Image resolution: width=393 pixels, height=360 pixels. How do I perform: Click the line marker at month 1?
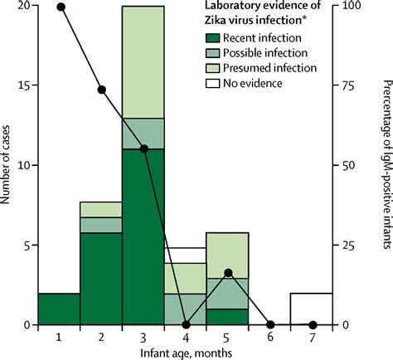60,7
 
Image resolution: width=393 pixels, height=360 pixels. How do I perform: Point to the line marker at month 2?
102,90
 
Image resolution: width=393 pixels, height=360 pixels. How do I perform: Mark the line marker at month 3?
144,148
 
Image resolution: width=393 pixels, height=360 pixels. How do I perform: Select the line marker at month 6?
271,324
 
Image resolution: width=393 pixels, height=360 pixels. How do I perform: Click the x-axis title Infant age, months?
187,353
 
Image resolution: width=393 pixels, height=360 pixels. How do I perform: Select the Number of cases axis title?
8,166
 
